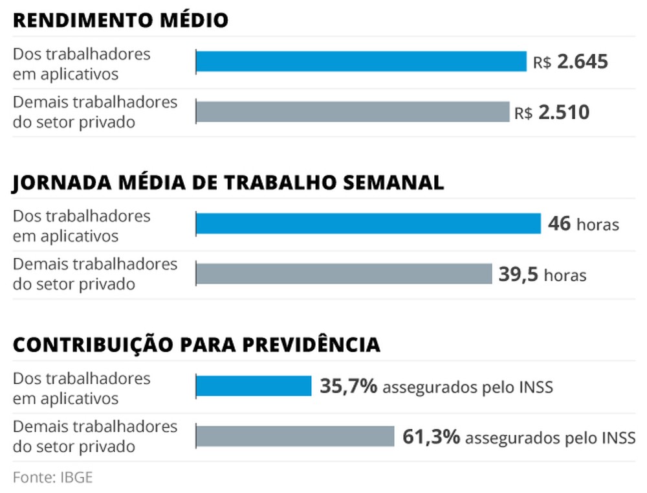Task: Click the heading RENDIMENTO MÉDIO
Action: [120, 21]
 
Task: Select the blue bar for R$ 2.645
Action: [361, 62]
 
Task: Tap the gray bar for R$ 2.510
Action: [353, 111]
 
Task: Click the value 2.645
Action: [582, 62]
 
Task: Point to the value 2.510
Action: [564, 113]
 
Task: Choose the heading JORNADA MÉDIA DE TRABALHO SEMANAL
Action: [228, 183]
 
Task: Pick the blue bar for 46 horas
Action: [368, 224]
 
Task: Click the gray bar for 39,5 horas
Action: [344, 273]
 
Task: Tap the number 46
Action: [559, 224]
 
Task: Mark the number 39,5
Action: [518, 274]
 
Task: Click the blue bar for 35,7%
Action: [254, 386]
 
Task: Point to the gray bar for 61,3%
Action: [295, 436]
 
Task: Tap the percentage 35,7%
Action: [348, 387]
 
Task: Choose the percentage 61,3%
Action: [431, 437]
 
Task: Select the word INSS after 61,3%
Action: [618, 438]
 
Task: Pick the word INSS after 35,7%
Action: [535, 388]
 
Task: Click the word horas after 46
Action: [598, 225]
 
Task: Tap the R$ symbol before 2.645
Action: [542, 63]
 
